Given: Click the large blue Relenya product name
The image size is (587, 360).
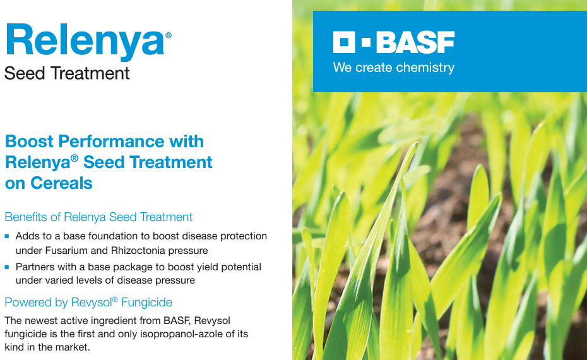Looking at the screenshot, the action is [x=85, y=42].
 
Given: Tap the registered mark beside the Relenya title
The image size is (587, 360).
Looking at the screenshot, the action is [x=168, y=35].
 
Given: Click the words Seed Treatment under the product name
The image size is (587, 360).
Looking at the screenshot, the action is [x=67, y=73].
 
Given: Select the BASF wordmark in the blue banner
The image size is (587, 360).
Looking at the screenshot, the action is [x=415, y=42].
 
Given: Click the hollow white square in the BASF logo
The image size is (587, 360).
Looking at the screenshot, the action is [x=343, y=42].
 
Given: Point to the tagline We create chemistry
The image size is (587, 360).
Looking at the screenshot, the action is [x=393, y=68].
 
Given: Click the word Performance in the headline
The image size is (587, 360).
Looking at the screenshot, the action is [x=111, y=141].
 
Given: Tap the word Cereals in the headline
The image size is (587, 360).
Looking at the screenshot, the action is [x=61, y=183].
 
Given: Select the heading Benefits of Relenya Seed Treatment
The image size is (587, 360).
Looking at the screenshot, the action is [x=98, y=217].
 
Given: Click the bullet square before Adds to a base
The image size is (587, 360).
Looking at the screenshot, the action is [x=7, y=236].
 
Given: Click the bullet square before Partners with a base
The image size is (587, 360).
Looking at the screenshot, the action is [x=7, y=267].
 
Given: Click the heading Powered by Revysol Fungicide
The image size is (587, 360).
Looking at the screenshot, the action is [x=88, y=303].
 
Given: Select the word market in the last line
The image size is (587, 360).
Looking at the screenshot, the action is [x=74, y=347].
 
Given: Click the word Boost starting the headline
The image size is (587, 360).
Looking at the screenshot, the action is [x=29, y=141].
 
